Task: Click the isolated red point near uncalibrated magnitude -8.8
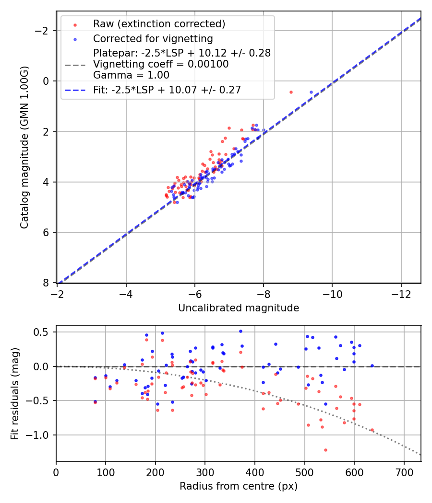291,92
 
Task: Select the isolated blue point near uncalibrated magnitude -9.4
311,92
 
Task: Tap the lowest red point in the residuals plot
325,450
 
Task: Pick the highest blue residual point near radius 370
240,331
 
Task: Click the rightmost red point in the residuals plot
372,430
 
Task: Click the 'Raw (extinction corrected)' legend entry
159,24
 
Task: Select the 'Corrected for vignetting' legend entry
153,38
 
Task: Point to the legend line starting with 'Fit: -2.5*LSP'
167,90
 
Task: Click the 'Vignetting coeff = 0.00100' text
161,64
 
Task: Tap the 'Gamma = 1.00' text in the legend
124,75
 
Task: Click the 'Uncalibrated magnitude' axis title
239,308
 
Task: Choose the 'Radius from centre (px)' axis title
239,486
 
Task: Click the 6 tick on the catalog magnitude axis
47,233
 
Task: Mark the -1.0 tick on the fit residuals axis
41,435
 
